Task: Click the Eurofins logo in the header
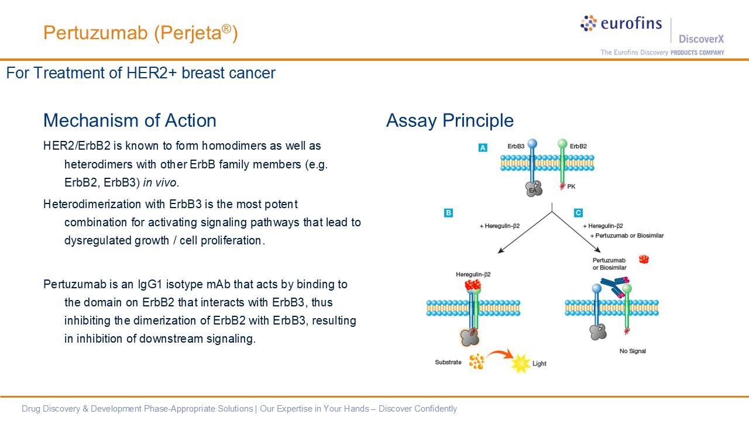pyautogui.click(x=621, y=23)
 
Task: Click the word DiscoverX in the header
pyautogui.click(x=701, y=39)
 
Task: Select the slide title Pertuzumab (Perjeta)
pyautogui.click(x=140, y=33)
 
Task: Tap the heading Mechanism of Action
pyautogui.click(x=129, y=120)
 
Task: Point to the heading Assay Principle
pyautogui.click(x=449, y=120)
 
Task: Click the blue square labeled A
pyautogui.click(x=483, y=148)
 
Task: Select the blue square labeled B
pyautogui.click(x=448, y=213)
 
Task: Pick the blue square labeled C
pyautogui.click(x=578, y=213)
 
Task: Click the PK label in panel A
pyautogui.click(x=572, y=187)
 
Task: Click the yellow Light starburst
pyautogui.click(x=520, y=364)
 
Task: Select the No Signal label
pyautogui.click(x=633, y=351)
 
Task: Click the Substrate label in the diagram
pyautogui.click(x=448, y=363)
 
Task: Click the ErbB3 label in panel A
pyautogui.click(x=516, y=146)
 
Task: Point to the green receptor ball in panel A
pyautogui.click(x=562, y=143)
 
